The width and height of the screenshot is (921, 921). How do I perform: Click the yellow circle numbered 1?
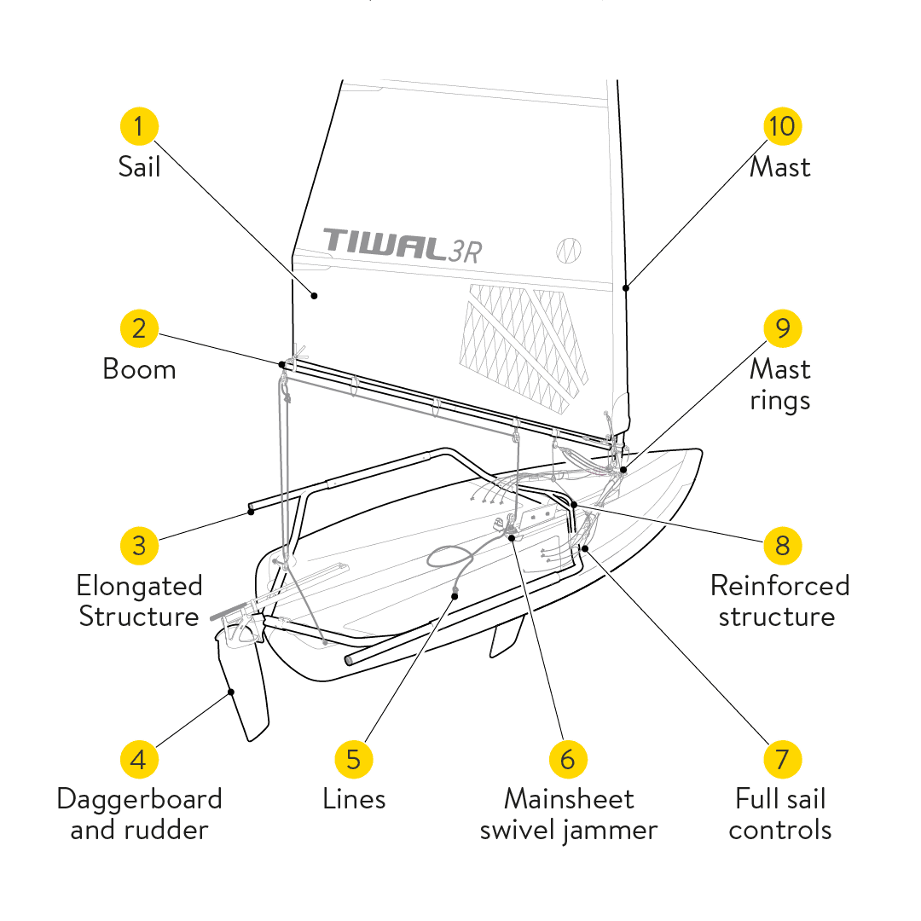point(139,126)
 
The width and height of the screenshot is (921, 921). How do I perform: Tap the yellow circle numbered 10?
point(782,126)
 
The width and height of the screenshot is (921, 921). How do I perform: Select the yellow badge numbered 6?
point(568,758)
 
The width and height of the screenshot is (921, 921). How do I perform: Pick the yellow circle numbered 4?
point(139,758)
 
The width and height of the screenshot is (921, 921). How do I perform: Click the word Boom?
point(139,369)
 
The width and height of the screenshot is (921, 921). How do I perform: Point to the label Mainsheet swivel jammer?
point(568,814)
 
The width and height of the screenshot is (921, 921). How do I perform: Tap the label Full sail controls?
point(780,814)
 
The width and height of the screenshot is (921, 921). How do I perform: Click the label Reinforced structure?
point(779,601)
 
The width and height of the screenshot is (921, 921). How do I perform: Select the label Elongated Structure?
point(139,601)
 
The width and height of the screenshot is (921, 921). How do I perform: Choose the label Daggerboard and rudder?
point(139,814)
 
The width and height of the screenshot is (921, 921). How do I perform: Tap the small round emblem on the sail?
point(569,249)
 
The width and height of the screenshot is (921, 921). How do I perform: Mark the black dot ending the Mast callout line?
point(626,288)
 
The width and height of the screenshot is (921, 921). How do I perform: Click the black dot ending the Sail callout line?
point(315,296)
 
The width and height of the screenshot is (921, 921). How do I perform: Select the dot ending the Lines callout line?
point(455,595)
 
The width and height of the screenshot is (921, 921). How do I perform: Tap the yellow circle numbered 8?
point(782,545)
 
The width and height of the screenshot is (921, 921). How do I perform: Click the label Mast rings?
point(779,385)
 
